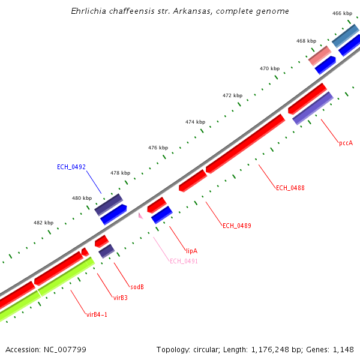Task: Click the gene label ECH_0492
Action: (x=71, y=167)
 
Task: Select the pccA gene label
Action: (x=346, y=143)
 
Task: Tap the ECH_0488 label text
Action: (x=290, y=188)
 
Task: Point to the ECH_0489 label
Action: (x=237, y=226)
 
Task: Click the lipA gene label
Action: (x=191, y=251)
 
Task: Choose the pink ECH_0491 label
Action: (x=184, y=261)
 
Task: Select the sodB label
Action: (x=137, y=287)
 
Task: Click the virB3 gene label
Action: (x=120, y=297)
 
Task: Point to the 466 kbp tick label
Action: (x=342, y=13)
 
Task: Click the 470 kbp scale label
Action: (x=269, y=68)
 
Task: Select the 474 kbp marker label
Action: (x=195, y=122)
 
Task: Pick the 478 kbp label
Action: (x=120, y=173)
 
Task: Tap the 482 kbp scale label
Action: (x=43, y=223)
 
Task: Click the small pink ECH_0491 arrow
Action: (x=140, y=215)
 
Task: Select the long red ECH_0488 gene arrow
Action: (x=245, y=143)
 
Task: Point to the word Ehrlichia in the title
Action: (x=88, y=11)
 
